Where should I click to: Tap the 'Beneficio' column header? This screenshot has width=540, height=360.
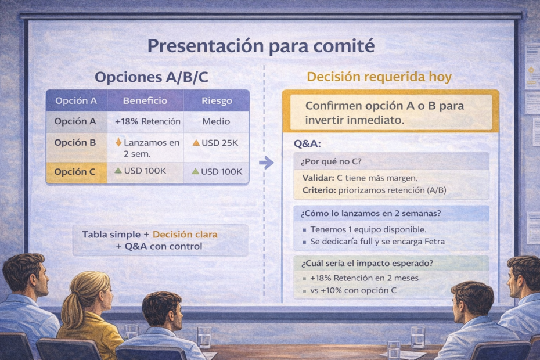click(145, 100)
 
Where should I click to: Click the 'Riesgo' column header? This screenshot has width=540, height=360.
click(216, 100)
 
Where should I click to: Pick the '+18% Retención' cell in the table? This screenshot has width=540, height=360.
click(147, 121)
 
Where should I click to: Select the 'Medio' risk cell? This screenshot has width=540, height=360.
click(216, 121)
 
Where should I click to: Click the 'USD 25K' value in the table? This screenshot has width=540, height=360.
click(221, 143)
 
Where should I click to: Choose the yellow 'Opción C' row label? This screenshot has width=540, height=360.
click(75, 172)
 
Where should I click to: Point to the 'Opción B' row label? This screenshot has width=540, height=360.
click(75, 143)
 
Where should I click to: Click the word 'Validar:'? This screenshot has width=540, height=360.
click(318, 178)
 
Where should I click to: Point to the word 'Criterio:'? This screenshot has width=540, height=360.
click(319, 190)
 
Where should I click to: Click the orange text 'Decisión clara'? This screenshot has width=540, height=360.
click(185, 235)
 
